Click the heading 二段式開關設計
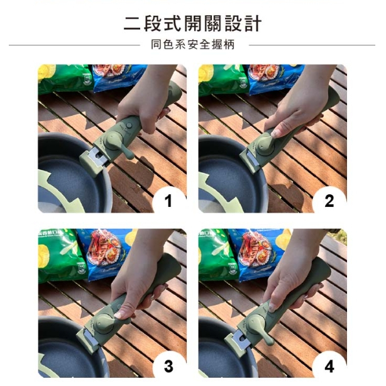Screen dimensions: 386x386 192,24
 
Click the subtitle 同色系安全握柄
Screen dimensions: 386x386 193,45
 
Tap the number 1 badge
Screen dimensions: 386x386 169,201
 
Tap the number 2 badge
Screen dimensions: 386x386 329,201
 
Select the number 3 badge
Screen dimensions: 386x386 169,365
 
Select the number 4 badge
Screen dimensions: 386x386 329,365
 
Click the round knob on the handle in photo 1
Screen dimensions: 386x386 113,141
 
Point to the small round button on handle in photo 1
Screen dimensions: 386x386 129,125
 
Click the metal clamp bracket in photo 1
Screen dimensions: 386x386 97,156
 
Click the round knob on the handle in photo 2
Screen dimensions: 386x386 266,145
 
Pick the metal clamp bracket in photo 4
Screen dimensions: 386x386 240,339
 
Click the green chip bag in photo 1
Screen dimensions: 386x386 65,79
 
